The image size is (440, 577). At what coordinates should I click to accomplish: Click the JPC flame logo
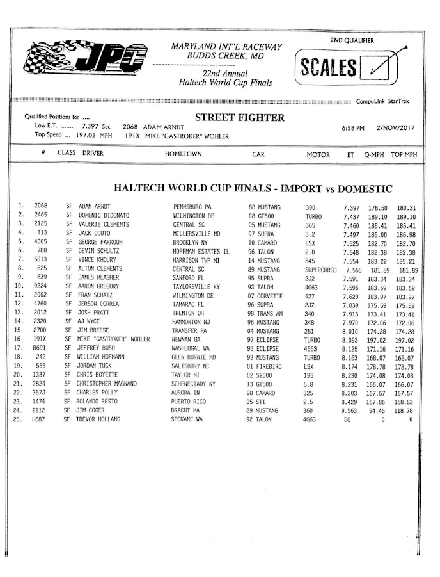[x=83, y=60]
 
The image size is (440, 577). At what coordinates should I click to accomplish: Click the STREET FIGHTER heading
[x=239, y=118]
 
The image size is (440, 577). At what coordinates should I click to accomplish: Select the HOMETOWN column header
[x=184, y=154]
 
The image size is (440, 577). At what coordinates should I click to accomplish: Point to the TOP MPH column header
[x=404, y=155]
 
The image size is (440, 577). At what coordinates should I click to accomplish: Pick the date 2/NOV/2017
[x=396, y=128]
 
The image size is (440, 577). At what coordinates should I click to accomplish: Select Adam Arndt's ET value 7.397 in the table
[x=350, y=207]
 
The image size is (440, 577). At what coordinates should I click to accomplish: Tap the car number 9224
[x=40, y=287]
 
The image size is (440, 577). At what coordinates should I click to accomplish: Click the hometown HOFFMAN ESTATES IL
[x=201, y=252]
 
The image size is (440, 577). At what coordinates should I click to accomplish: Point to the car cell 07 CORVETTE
[x=264, y=296]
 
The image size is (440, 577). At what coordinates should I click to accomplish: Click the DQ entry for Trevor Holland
[x=347, y=419]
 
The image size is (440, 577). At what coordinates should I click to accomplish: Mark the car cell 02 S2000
[x=261, y=375]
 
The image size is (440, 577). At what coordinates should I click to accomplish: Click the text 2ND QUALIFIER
[x=352, y=40]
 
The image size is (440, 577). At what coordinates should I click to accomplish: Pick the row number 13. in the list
[x=21, y=313]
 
